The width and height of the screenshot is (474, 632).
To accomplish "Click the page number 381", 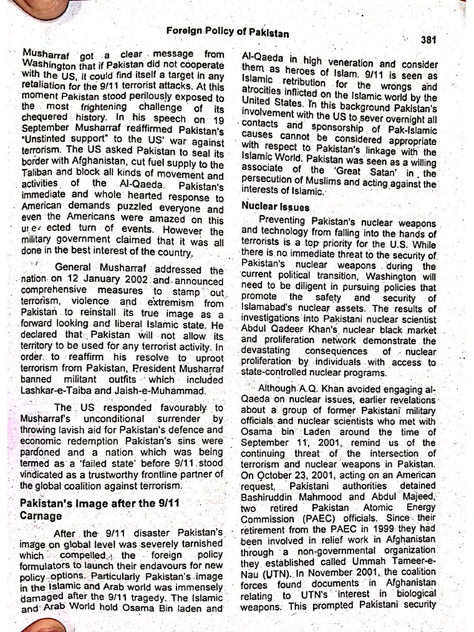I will pos(428,39).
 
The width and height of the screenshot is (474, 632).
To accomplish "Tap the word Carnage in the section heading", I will pos(41,515).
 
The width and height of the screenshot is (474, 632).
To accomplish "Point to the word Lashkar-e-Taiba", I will pos(53,390).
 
